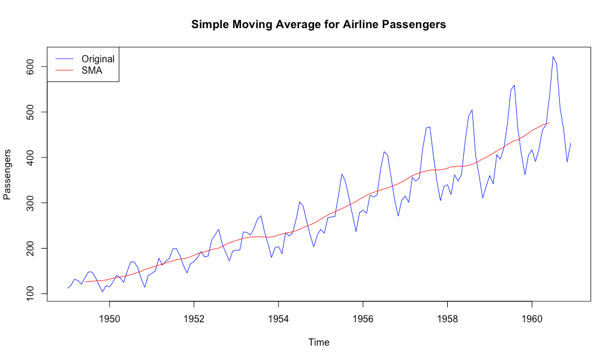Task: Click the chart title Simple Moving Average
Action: (318, 25)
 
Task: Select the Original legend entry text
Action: (98, 59)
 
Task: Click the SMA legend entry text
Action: (92, 71)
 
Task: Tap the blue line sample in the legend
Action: (64, 59)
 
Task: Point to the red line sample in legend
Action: (64, 71)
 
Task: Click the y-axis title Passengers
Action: (8, 174)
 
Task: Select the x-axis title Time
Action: (318, 343)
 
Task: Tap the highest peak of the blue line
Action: (553, 56)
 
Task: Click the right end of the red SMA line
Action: (549, 123)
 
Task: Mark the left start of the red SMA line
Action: (85, 282)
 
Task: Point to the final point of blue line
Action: (570, 143)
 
